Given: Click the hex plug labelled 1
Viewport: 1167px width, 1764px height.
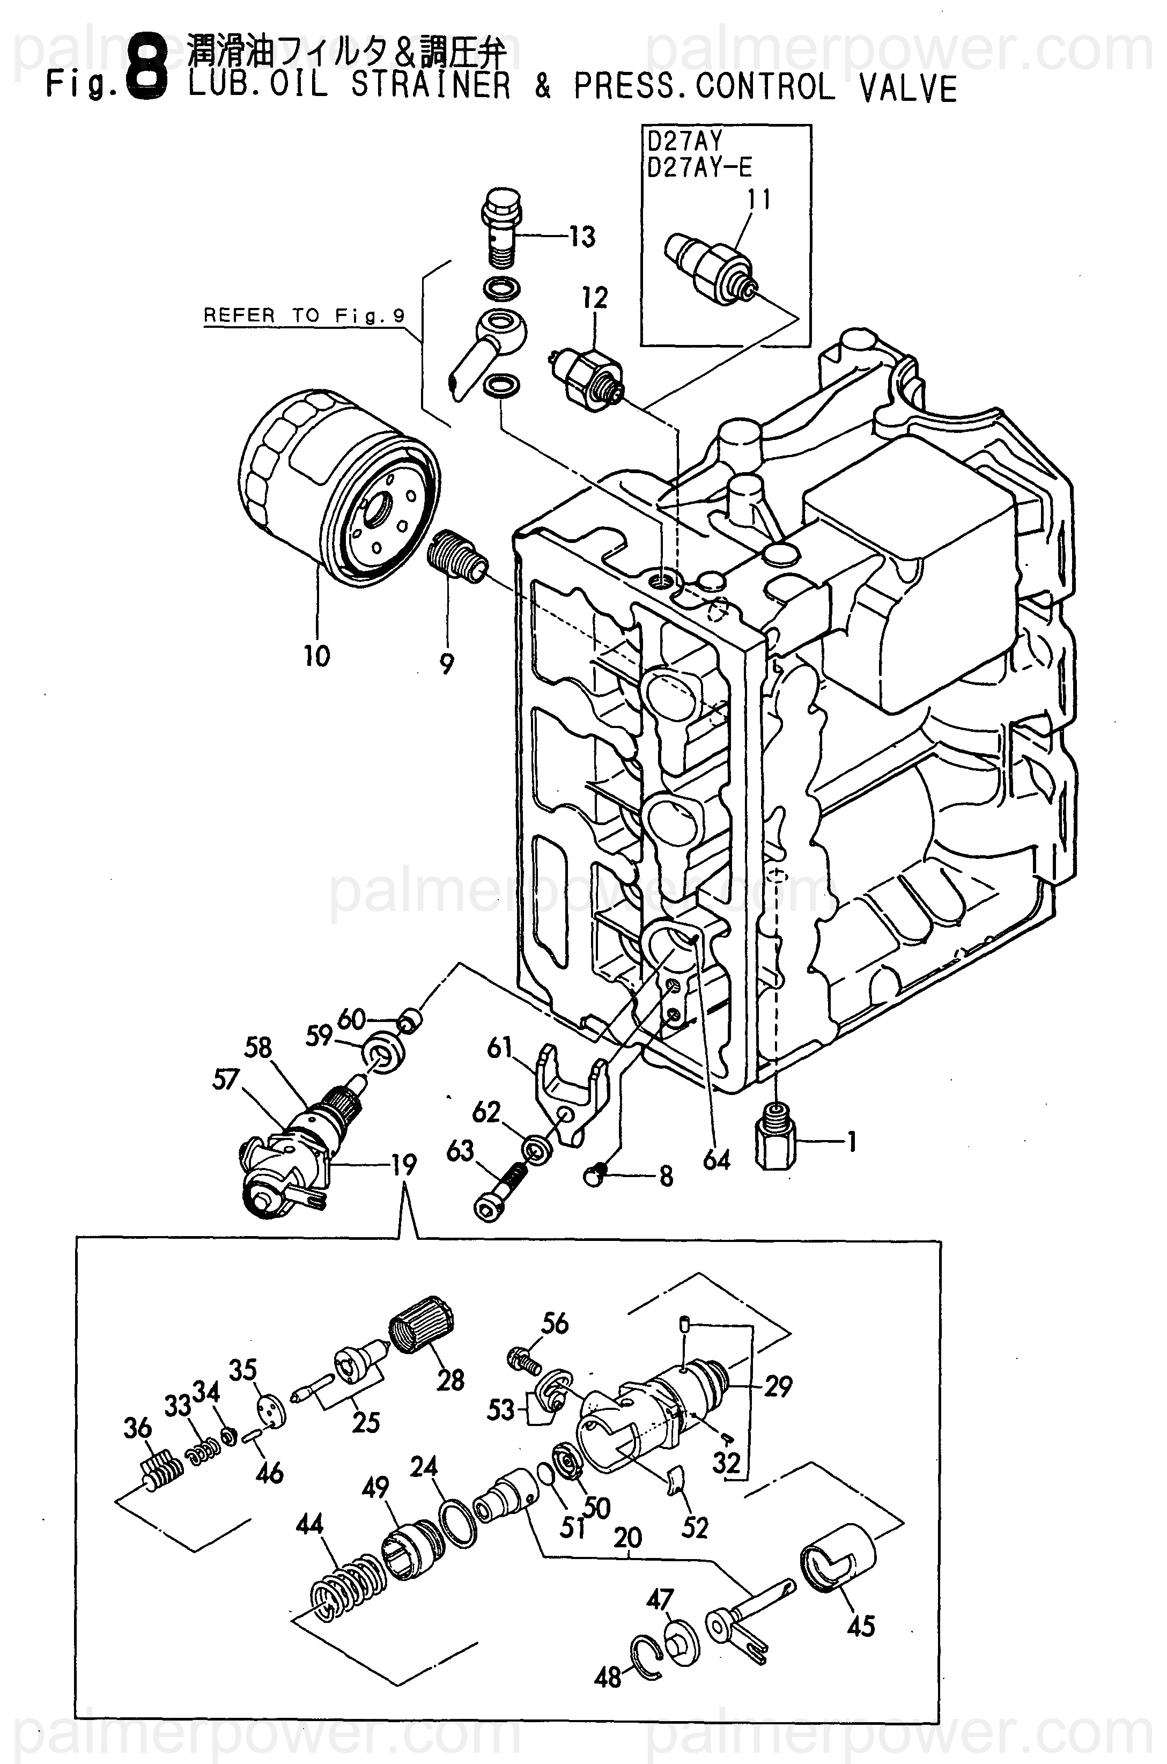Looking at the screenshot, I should (x=775, y=1142).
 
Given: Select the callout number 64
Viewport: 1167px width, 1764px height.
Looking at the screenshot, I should (x=716, y=1159).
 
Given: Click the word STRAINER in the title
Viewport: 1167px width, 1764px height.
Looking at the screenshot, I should (x=431, y=87).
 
